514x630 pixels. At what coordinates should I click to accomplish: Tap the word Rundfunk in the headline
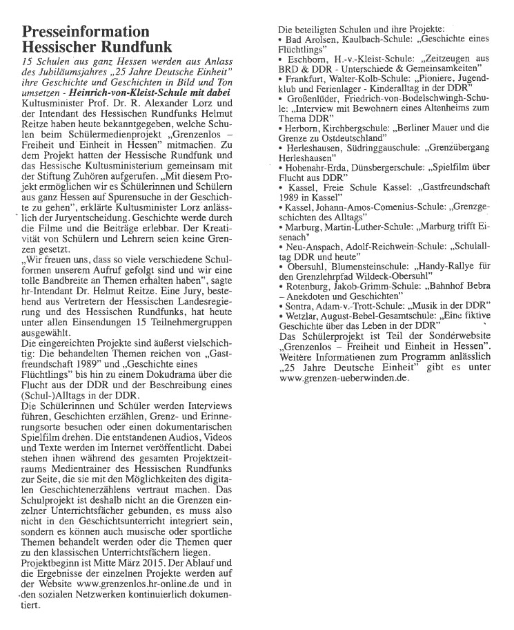[121, 48]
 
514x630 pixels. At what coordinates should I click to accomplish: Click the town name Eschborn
[307, 60]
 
